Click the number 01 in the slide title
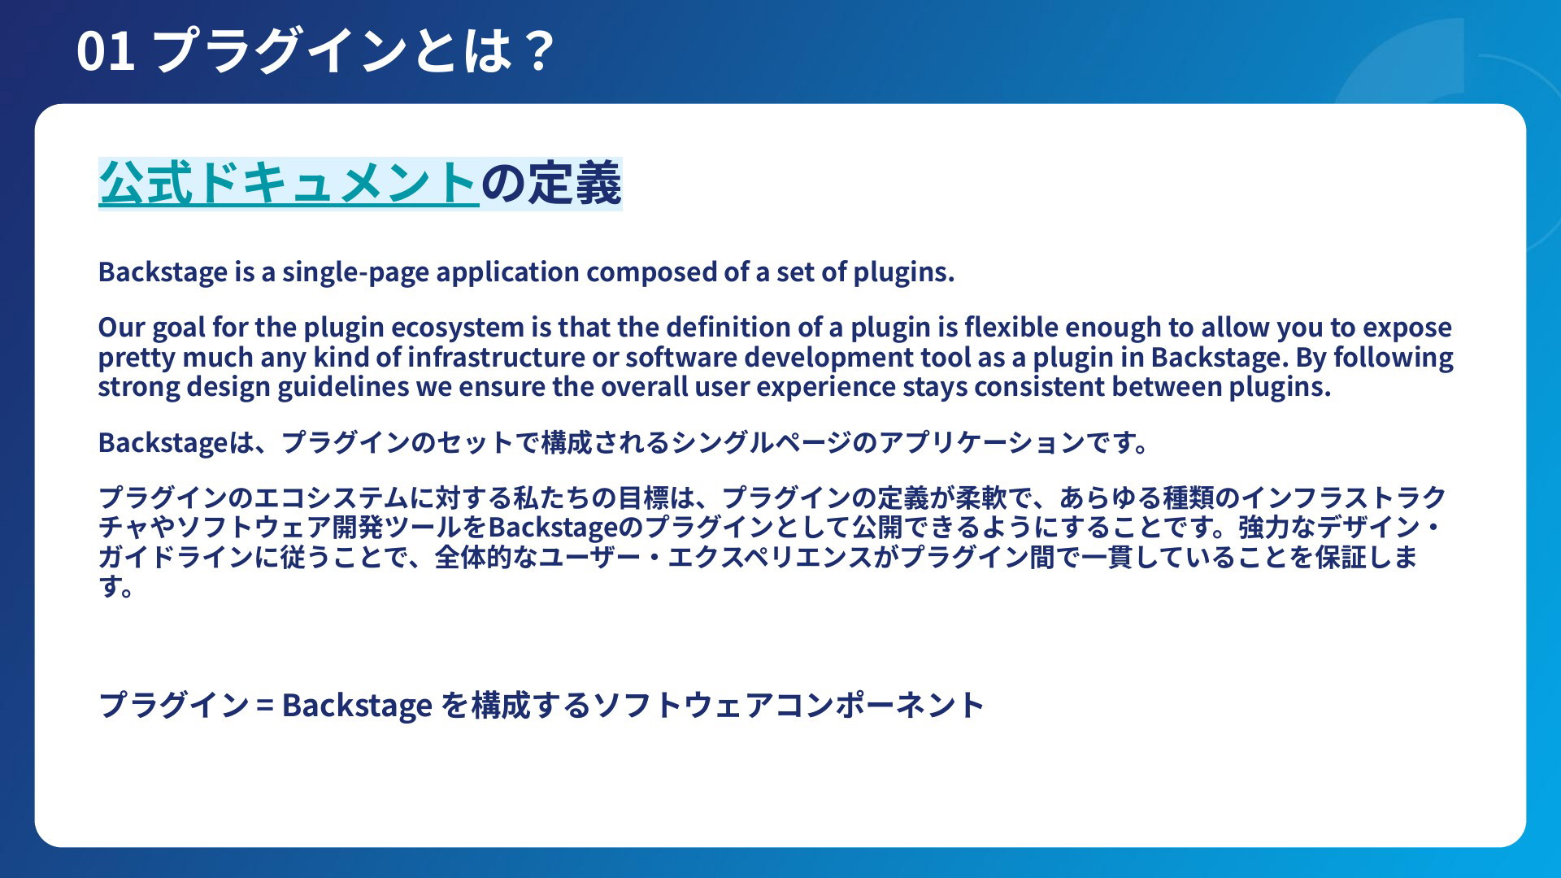(106, 50)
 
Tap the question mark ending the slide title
(538, 50)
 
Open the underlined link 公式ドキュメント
(289, 183)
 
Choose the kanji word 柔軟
(981, 498)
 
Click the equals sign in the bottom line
(264, 705)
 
